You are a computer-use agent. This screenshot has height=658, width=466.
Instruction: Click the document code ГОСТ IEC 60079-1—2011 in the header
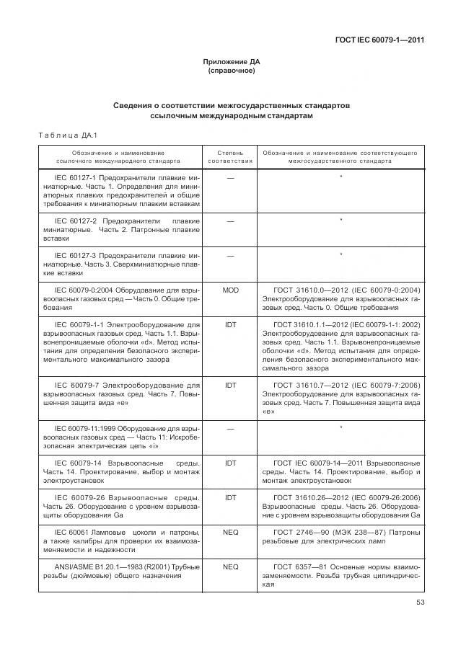379,40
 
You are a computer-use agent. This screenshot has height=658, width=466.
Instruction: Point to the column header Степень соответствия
230,157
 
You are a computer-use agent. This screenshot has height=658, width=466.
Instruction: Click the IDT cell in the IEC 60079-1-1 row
230,325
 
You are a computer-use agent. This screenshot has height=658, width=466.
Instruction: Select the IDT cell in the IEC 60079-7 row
230,386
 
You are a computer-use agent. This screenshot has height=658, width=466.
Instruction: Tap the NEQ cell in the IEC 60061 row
230,532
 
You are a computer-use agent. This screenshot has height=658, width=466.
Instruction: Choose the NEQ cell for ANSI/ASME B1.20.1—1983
230,567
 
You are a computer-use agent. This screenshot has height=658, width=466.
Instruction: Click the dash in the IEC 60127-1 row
230,177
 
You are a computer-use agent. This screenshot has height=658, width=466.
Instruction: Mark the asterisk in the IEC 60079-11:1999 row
340,428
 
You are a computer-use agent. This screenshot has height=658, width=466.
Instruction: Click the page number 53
420,604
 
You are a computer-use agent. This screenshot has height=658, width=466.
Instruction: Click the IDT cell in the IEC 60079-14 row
230,462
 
